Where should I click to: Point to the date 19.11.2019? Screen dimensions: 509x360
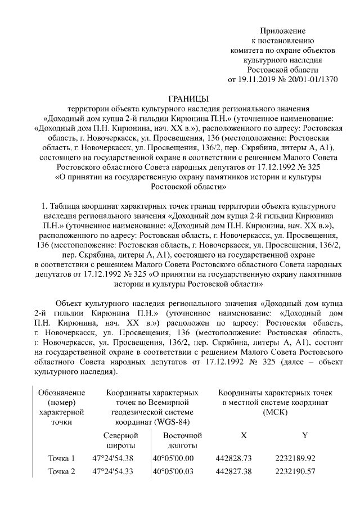click(259, 79)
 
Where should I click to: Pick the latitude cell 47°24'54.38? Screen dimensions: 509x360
click(113, 458)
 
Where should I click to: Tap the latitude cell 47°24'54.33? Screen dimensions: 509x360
click(113, 471)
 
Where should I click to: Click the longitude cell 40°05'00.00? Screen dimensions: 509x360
click(173, 458)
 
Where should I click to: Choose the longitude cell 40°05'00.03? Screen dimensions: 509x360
click(173, 471)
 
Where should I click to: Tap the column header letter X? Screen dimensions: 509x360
click(243, 435)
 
